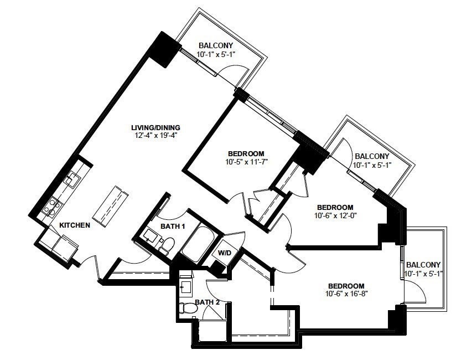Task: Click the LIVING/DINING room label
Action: pyautogui.click(x=155, y=127)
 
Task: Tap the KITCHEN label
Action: pyautogui.click(x=74, y=225)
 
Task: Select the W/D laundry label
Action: pyautogui.click(x=225, y=253)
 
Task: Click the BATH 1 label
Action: pyautogui.click(x=173, y=226)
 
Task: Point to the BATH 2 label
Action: pyautogui.click(x=208, y=302)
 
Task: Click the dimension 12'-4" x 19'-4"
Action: pyautogui.click(x=155, y=135)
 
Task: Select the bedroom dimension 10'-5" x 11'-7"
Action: pyautogui.click(x=247, y=162)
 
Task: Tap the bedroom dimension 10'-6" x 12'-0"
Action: pyautogui.click(x=335, y=215)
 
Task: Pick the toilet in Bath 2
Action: pyautogui.click(x=187, y=308)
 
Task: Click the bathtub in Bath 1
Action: pyautogui.click(x=198, y=244)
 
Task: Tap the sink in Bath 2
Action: pyautogui.click(x=186, y=287)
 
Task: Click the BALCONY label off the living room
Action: pyautogui.click(x=216, y=45)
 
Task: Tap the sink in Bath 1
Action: pyautogui.click(x=150, y=235)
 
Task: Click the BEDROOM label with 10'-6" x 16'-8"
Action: pyautogui.click(x=346, y=286)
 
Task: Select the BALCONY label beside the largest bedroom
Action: pyautogui.click(x=423, y=265)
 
